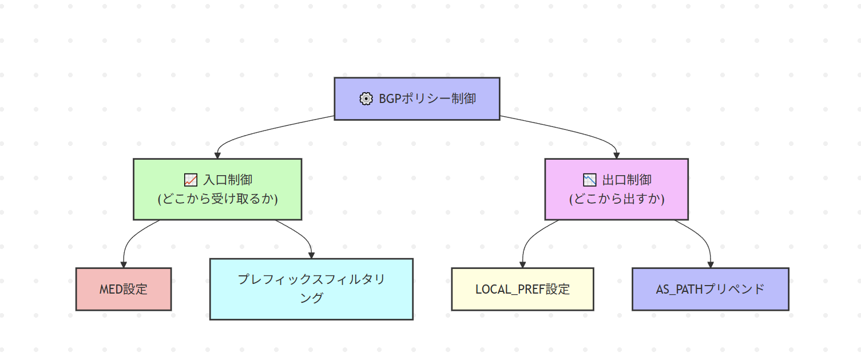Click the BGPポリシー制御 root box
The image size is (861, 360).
tap(416, 98)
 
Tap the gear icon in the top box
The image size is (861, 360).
tap(366, 98)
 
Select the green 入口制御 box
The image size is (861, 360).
tap(217, 189)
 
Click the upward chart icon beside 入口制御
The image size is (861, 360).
tap(191, 180)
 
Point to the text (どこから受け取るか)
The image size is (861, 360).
tap(217, 199)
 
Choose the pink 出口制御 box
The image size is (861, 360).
tap(616, 189)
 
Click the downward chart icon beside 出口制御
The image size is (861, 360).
tap(589, 180)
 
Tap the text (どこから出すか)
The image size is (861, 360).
tap(616, 199)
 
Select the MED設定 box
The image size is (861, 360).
tap(124, 289)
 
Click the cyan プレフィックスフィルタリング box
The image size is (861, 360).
tap(311, 289)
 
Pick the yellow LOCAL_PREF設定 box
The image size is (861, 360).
tap(522, 289)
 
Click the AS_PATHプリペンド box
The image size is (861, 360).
tap(710, 289)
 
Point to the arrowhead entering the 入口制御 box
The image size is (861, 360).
tap(217, 155)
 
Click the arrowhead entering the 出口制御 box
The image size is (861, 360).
tap(616, 155)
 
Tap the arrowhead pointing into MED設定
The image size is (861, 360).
tap(124, 264)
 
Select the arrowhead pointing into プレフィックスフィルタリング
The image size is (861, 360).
tap(311, 255)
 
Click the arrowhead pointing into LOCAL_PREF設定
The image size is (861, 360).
tap(522, 264)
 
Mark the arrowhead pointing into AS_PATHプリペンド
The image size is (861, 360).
tap(710, 264)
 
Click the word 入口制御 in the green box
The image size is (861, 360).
tap(228, 180)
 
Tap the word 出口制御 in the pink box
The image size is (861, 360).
tap(626, 180)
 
